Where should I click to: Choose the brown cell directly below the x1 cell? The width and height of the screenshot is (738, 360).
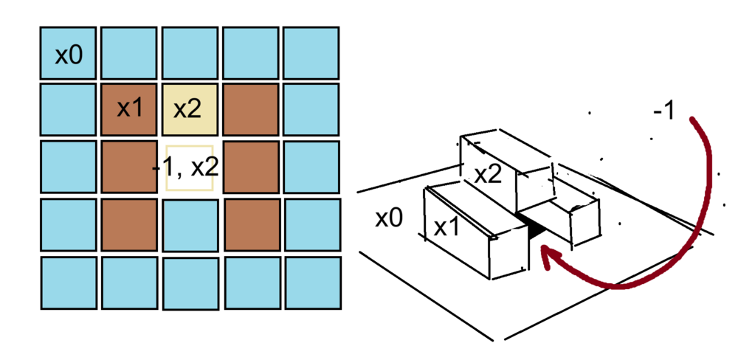click(129, 168)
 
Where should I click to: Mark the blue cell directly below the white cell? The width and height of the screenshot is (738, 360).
click(190, 226)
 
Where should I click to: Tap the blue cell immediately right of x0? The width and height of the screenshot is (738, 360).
click(128, 52)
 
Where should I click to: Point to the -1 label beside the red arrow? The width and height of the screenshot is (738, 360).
click(662, 111)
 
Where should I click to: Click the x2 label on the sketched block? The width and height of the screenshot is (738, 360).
click(489, 175)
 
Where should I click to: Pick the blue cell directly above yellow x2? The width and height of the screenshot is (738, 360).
click(190, 52)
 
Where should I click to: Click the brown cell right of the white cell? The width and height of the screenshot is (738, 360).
click(250, 168)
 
